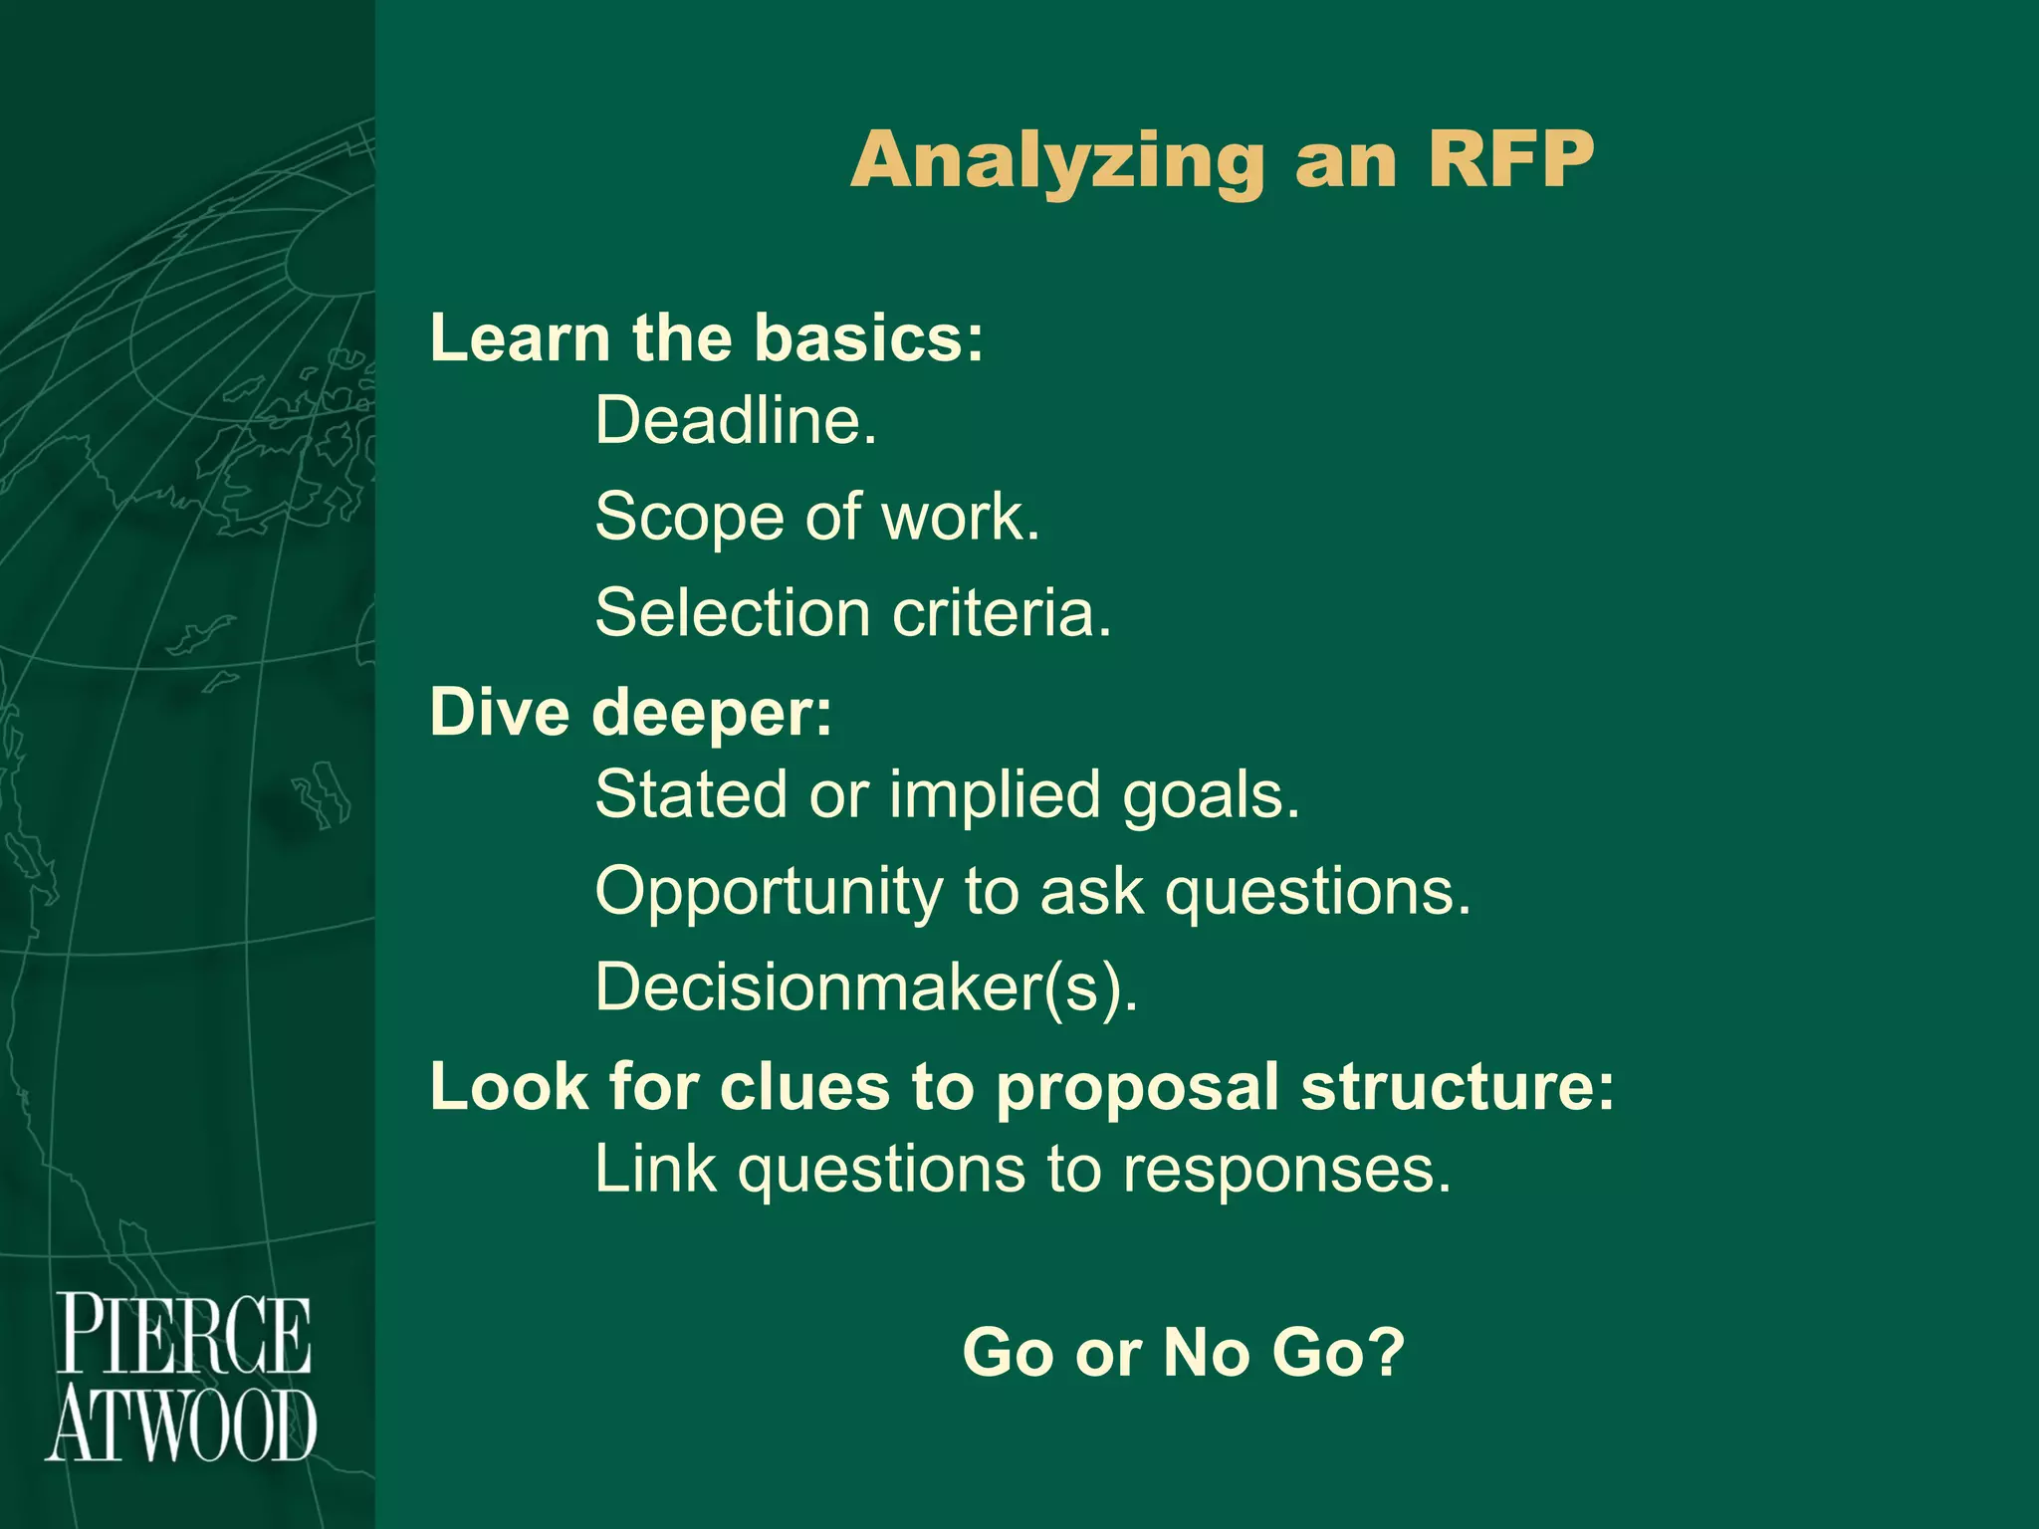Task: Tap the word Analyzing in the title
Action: coord(1057,162)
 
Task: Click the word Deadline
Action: coord(736,421)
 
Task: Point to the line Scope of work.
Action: coord(817,518)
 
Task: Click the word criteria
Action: coord(1002,612)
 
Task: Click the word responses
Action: coord(1287,1170)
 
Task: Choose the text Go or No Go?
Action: coord(1184,1352)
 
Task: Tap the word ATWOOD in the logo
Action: coord(181,1425)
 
